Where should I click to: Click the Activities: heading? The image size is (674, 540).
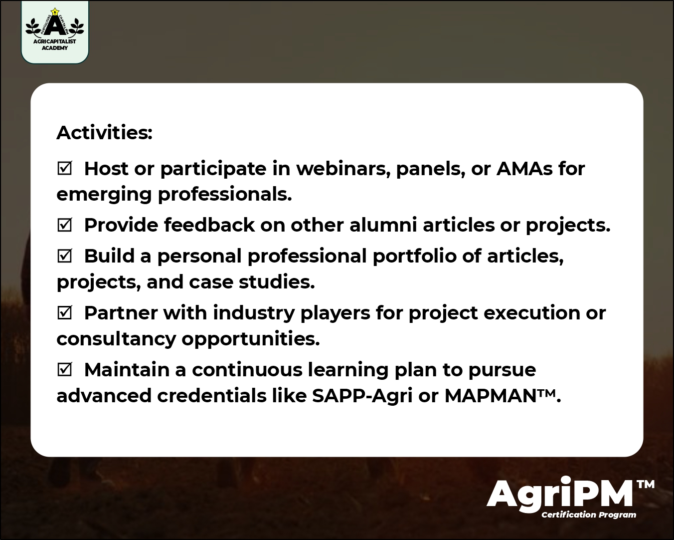coord(104,133)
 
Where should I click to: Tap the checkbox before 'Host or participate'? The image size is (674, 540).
coord(64,169)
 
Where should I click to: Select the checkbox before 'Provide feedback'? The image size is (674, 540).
coord(64,225)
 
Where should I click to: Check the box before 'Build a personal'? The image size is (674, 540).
coord(64,256)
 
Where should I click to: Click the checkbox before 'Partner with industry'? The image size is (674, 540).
coord(64,313)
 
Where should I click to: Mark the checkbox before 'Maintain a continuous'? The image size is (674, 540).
coord(64,370)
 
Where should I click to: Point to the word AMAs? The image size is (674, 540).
coord(524,169)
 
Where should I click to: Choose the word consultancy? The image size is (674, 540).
coord(116,339)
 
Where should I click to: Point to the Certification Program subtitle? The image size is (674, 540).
coord(589,515)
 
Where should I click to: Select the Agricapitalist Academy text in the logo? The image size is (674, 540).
coord(55,45)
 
